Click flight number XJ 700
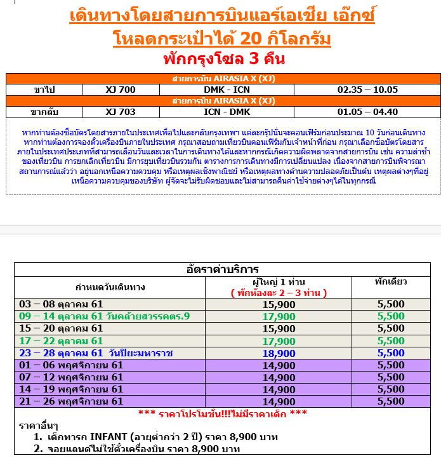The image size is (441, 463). tap(121, 90)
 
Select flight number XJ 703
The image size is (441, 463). tap(121, 112)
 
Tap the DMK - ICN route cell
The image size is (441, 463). tap(227, 90)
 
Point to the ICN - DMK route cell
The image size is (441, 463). tap(227, 112)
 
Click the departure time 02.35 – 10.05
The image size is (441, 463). tap(367, 90)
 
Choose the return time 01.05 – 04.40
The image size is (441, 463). tap(367, 112)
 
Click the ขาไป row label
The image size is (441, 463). tap(44, 90)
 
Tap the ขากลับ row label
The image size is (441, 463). tap(44, 112)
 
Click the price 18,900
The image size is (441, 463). tap(279, 353)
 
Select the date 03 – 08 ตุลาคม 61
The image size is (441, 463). tap(61, 304)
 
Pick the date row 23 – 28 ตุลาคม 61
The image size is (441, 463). tap(96, 353)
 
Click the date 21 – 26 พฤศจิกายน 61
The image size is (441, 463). tap(71, 401)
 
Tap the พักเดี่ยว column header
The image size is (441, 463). tap(390, 281)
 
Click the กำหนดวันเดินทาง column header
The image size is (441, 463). tap(110, 287)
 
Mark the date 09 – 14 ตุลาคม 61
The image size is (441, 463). tap(61, 316)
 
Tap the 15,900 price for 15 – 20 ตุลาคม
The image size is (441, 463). tap(279, 328)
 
